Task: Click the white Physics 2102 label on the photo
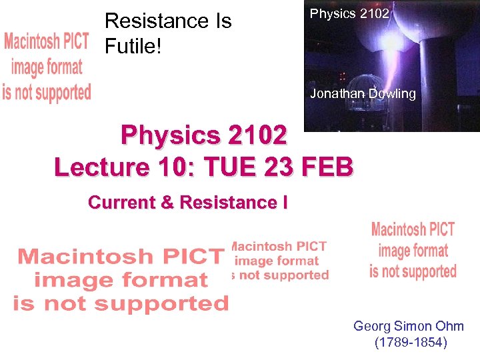click(350, 13)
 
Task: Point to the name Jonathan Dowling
click(363, 94)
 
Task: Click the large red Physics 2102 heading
click(204, 135)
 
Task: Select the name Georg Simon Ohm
click(409, 326)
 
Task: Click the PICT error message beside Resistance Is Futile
click(47, 67)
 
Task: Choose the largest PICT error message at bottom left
click(121, 279)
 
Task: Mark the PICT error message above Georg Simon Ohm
click(413, 251)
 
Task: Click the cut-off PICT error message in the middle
click(279, 261)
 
